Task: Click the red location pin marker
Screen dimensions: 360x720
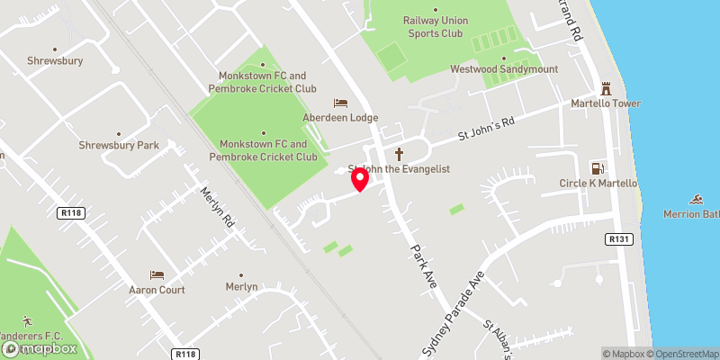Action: tap(360, 180)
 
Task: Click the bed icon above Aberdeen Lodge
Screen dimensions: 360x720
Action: tap(340, 103)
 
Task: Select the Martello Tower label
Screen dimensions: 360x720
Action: tap(607, 103)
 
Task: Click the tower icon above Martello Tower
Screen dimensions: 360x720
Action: tap(607, 89)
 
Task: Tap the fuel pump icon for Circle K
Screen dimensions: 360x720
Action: tap(596, 168)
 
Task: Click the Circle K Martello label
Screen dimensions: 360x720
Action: tap(598, 184)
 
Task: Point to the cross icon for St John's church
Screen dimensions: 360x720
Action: tap(399, 154)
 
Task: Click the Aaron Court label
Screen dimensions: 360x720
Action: tap(157, 290)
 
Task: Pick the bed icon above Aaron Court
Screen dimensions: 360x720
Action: tap(157, 274)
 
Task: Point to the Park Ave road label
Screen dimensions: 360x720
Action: tap(423, 266)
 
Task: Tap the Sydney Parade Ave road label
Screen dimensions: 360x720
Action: tap(454, 311)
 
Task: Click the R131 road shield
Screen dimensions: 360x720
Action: tap(616, 239)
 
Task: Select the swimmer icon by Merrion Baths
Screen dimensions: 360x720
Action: tap(697, 199)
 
